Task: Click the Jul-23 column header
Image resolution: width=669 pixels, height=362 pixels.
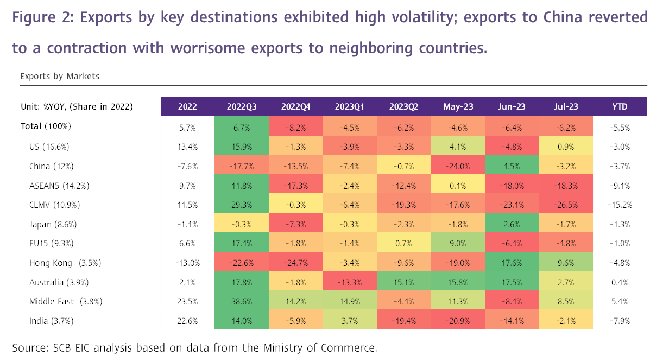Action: click(566, 107)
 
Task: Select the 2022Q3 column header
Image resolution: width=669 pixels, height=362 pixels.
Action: click(242, 107)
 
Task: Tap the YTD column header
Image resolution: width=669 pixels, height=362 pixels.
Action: click(620, 107)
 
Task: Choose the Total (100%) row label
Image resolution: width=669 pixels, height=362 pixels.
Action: click(46, 126)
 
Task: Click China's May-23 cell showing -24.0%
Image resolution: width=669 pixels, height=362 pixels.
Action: click(458, 166)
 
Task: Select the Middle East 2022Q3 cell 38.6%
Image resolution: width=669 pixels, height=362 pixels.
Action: click(242, 302)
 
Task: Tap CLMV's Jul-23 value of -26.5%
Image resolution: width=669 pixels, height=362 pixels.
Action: click(566, 205)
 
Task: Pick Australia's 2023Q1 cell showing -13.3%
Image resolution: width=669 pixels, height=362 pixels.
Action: click(350, 282)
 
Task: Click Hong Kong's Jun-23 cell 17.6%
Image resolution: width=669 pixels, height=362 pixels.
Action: click(512, 263)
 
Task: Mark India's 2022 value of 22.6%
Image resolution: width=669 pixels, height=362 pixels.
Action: click(187, 321)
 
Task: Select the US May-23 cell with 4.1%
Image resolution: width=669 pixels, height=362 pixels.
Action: click(458, 146)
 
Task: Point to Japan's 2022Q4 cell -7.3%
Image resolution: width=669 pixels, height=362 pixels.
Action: click(295, 224)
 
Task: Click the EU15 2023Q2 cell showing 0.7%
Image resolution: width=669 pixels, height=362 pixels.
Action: click(403, 244)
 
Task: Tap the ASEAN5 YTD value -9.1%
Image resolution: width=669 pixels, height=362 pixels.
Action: click(620, 185)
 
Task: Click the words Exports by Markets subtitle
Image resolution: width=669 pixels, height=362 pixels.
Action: click(60, 77)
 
